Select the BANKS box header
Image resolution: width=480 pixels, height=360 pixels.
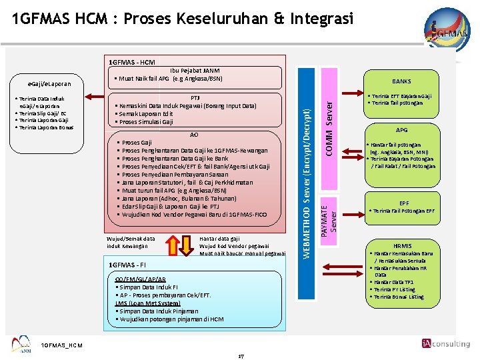[x=402, y=81]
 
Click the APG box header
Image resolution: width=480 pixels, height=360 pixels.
[x=402, y=130]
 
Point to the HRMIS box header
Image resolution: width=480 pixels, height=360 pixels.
[x=403, y=246]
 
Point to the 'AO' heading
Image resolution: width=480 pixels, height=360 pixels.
[x=194, y=134]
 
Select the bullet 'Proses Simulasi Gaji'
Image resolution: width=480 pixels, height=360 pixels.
[x=145, y=122]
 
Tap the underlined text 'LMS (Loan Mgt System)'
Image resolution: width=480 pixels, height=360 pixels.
[x=147, y=303]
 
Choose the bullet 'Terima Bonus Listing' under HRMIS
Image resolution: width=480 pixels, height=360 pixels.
[x=399, y=297]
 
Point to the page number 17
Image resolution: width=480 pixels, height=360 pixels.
[x=241, y=356]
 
